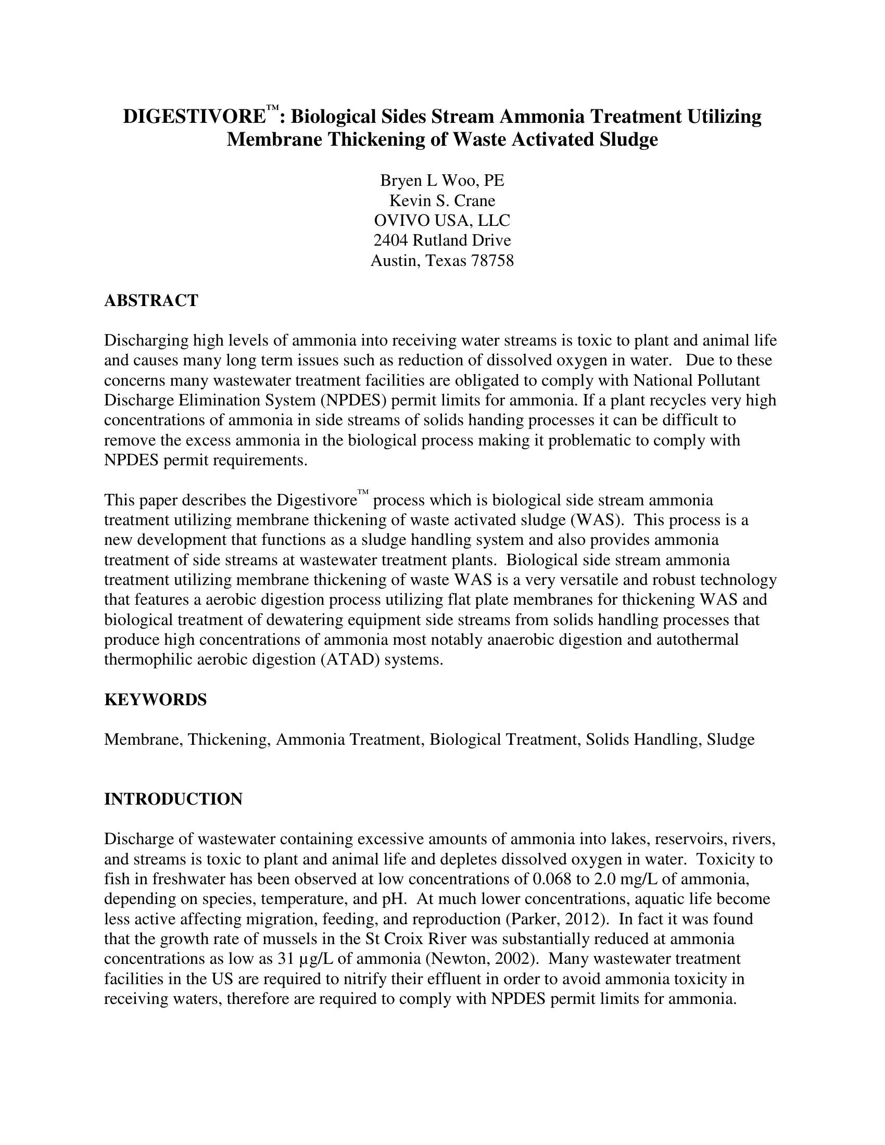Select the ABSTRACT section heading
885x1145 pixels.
tap(151, 300)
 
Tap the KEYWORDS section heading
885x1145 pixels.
tap(155, 699)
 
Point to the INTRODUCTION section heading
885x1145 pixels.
tap(173, 799)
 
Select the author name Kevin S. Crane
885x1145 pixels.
tap(442, 200)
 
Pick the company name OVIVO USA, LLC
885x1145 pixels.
tap(442, 220)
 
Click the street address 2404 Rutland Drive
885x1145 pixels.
tap(442, 240)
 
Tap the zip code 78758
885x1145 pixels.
tap(492, 260)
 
